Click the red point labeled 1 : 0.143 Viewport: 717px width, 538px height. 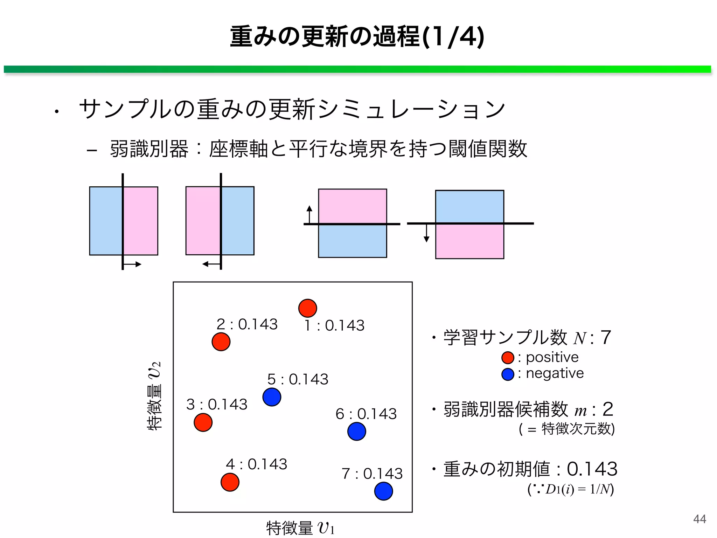tap(307, 308)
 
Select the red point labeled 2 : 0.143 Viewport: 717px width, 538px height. tap(221, 342)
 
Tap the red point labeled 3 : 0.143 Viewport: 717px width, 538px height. tap(203, 422)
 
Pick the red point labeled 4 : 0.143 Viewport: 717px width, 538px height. tap(230, 482)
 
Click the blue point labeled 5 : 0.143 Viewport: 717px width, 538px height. tap(272, 397)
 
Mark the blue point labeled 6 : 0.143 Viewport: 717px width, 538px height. tap(357, 432)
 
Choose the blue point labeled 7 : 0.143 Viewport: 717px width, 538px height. tap(383, 491)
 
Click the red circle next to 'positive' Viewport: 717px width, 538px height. tap(508, 358)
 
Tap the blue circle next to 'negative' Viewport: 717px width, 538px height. tap(508, 374)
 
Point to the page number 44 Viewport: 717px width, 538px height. tap(699, 519)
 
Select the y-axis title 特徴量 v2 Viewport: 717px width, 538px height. tap(154, 396)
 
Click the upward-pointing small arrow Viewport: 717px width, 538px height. tap(309, 214)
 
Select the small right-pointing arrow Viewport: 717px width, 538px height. tap(133, 264)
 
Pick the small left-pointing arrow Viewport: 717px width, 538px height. tap(211, 264)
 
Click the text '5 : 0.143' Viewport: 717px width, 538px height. tap(298, 379)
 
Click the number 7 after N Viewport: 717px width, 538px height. tap(606, 338)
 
